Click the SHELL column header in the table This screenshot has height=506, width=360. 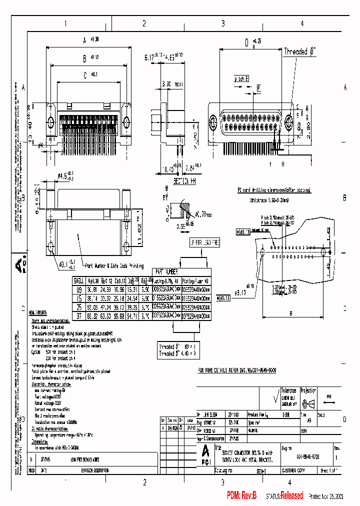pos(79,280)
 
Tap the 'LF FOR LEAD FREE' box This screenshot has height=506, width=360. pos(202,242)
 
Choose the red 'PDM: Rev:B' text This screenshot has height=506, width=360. pos(241,495)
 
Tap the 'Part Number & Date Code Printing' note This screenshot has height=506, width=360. pos(114,266)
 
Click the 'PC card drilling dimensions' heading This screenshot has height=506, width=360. pos(274,190)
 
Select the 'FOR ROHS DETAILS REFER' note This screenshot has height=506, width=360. pos(236,370)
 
